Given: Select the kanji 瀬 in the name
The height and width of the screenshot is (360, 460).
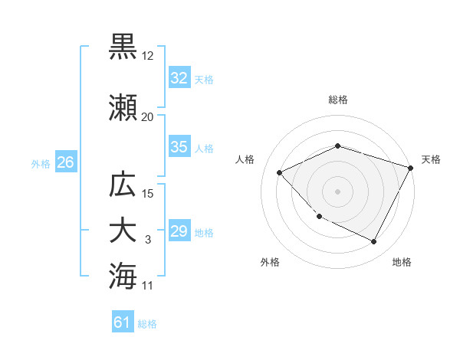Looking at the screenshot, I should point(123,108).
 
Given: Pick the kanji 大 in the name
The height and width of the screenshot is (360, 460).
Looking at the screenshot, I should point(123,231).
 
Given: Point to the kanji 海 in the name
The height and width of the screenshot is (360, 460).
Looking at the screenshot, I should point(123,275).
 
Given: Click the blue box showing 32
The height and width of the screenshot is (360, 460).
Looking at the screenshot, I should point(179,78).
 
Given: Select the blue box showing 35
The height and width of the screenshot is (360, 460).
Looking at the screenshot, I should point(179,147).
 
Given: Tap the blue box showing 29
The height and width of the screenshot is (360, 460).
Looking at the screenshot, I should point(179,231).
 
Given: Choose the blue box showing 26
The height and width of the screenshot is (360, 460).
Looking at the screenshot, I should point(65,162).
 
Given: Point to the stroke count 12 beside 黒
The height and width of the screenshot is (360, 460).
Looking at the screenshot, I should point(148,55).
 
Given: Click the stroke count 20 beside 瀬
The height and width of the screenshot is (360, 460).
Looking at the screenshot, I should point(148,116).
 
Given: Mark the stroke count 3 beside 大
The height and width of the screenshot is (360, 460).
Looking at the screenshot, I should point(148,240).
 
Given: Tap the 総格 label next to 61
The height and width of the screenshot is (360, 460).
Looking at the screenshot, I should point(147,324).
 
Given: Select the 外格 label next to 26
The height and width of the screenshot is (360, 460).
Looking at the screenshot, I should point(41,163).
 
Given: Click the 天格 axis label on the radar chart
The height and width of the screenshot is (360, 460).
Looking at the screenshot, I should point(431,159).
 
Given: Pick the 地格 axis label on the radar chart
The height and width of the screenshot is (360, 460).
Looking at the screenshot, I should point(402,262).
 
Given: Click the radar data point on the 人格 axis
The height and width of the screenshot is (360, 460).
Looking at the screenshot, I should point(280,172).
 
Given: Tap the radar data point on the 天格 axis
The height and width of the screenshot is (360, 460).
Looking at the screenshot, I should point(412,168).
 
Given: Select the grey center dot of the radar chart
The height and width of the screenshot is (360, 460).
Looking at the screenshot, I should point(338,191).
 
